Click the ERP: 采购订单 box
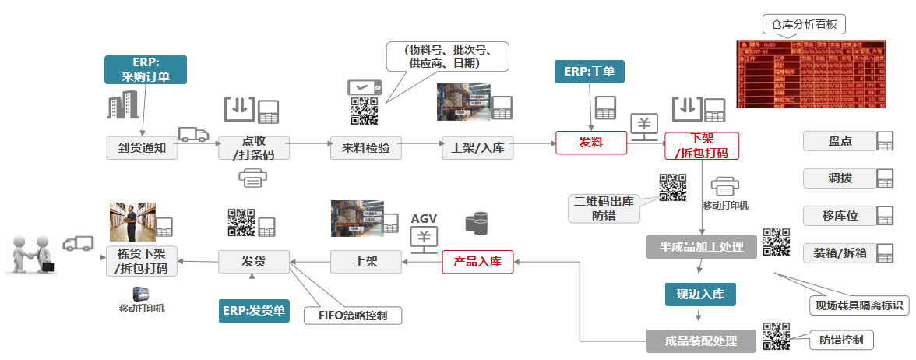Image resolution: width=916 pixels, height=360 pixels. pos(146,69)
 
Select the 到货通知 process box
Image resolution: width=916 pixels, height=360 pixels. pos(142,147)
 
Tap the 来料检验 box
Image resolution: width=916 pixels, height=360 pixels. pos(366,147)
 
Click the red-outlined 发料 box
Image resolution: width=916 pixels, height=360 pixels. pos(590,143)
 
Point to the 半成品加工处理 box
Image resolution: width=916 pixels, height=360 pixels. pos(701,247)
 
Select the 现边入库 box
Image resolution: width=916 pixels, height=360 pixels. pos(700,294)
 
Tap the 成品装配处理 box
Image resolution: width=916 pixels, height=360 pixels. pos(701,341)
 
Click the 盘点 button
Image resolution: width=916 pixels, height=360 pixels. pos(840,141)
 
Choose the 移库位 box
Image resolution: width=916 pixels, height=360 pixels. pos(840,214)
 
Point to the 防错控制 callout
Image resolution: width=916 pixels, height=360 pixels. pos(840,340)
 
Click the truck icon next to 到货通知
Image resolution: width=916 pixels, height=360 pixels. pos(192,134)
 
